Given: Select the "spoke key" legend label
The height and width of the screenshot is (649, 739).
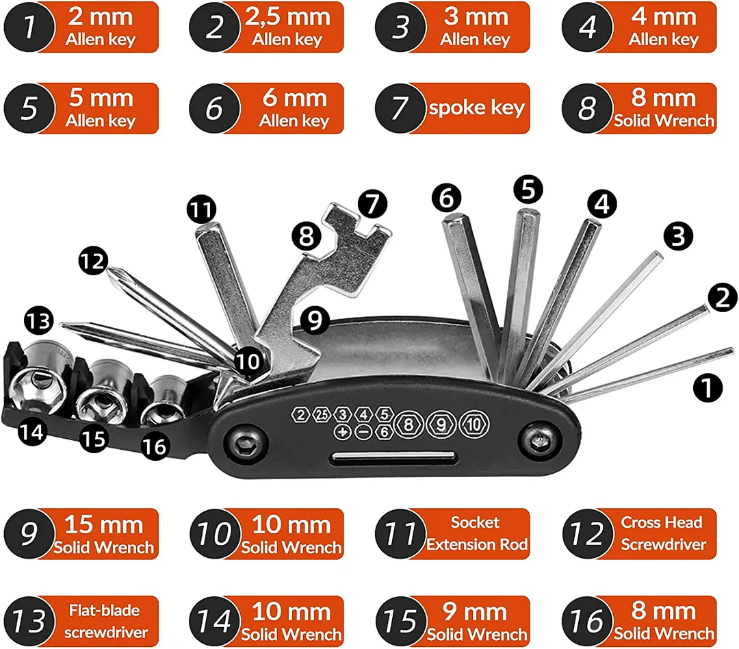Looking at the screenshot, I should pos(476,108).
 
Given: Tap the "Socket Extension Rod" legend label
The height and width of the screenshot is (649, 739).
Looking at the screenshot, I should pos(477,533).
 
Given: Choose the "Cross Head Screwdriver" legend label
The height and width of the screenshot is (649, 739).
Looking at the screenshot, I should pos(662,533).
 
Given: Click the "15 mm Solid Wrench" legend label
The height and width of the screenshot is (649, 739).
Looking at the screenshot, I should pos(104,534).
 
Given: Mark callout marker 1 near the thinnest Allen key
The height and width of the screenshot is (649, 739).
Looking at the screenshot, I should pos(708,389).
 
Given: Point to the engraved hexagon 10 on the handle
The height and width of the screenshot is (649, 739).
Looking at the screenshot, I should pos(474,424).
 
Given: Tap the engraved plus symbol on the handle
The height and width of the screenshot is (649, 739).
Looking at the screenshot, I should pos(342,432).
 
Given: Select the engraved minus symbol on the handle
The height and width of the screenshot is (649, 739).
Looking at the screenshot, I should pos(364,432).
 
